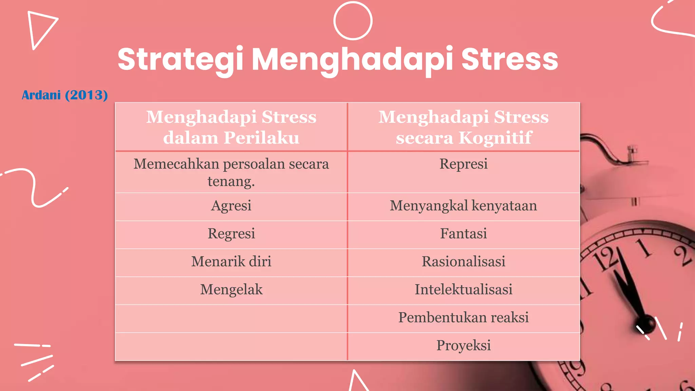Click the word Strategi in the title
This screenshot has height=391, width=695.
[180, 60]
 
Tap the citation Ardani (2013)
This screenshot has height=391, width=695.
[65, 95]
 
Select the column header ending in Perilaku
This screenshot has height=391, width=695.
[231, 127]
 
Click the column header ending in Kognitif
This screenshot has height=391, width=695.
[464, 127]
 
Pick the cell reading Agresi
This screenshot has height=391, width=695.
[231, 206]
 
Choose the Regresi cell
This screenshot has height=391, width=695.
[231, 234]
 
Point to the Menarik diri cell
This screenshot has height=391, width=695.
[231, 262]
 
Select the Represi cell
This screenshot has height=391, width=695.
[464, 164]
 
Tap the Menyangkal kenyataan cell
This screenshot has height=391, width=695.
[464, 206]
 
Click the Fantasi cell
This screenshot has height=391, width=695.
[464, 234]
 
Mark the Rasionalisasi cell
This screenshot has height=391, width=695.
[464, 262]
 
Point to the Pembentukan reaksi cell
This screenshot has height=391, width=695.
[464, 318]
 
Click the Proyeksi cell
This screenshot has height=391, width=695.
[464, 346]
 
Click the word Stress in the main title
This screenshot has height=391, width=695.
[509, 60]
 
